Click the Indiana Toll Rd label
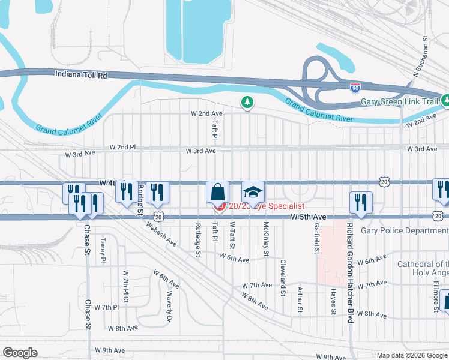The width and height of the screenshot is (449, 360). [x=80, y=75]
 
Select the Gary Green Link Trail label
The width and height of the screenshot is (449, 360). [x=400, y=101]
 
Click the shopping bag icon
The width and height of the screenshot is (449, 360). [x=217, y=193]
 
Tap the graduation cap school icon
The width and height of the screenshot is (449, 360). [x=253, y=193]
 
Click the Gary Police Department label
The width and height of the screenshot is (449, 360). [x=405, y=230]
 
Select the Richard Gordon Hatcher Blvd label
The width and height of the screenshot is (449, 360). [x=348, y=272]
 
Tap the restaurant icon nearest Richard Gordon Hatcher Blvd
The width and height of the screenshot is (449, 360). [x=361, y=202]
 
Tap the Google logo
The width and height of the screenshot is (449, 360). [x=20, y=352]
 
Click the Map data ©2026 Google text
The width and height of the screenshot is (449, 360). [x=411, y=355]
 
